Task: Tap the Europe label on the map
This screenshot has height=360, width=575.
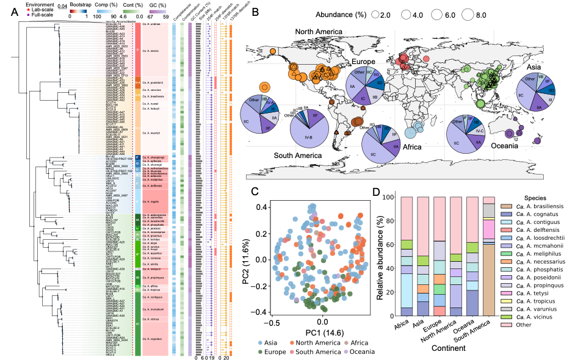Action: (x=364, y=62)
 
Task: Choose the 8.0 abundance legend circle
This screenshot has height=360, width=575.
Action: (x=468, y=15)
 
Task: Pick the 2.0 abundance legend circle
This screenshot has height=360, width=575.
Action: (x=376, y=15)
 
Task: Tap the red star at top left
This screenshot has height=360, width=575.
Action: (x=28, y=9)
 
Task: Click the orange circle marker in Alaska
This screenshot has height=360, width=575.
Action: (x=272, y=51)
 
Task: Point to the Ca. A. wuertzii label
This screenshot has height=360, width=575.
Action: (x=151, y=132)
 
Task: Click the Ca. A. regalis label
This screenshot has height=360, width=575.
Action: (x=150, y=200)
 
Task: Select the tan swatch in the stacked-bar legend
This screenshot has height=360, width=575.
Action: (x=505, y=207)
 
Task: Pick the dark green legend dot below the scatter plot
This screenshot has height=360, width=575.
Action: (x=261, y=351)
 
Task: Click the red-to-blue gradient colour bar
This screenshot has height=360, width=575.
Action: (x=79, y=11)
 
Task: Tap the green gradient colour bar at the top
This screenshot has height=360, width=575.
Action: (x=131, y=11)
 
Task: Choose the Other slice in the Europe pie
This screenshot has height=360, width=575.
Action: (x=355, y=77)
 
